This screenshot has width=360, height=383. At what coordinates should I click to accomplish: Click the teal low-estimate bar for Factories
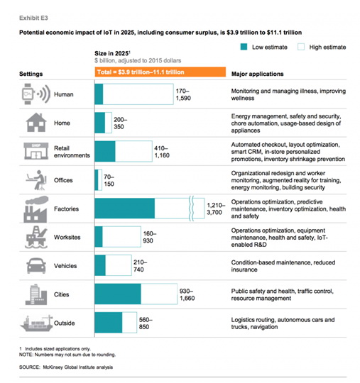point(125,209)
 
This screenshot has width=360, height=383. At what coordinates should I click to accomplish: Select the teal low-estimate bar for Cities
point(118,294)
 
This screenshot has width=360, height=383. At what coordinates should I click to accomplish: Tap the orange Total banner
point(160,72)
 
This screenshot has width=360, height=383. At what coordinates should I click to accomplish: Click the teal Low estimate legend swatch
point(244,47)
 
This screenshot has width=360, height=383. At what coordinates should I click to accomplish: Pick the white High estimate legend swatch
point(301,47)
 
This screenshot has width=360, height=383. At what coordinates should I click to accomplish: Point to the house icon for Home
point(36,123)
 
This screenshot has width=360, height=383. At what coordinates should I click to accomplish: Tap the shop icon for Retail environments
point(36,151)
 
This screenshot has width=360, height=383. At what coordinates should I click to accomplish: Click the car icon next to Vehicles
point(36,265)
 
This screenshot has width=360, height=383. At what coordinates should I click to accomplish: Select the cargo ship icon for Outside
point(37,323)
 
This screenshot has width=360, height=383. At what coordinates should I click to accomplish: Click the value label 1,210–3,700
point(216,209)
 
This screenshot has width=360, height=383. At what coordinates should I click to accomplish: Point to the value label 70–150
point(109,180)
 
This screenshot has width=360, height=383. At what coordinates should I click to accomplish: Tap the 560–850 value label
point(146,323)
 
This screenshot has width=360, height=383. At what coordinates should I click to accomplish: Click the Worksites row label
point(67,237)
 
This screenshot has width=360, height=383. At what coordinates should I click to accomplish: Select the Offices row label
point(63,180)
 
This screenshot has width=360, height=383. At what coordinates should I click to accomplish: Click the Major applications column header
point(258,74)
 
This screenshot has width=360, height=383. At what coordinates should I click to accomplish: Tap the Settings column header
point(31,74)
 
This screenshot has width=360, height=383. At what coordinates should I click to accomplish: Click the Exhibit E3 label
point(33,18)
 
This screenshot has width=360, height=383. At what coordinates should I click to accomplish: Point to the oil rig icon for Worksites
point(36,237)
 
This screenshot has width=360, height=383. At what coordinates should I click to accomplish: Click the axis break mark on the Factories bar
point(192,209)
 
